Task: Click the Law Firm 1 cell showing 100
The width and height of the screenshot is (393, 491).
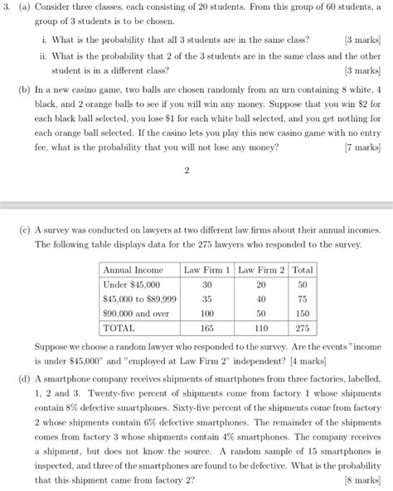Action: [x=207, y=314]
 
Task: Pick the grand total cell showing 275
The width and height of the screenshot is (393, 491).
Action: [x=303, y=330]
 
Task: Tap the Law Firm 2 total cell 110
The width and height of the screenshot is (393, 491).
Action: [x=261, y=330]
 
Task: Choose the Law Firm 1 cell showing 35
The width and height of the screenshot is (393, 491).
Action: [x=207, y=298]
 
